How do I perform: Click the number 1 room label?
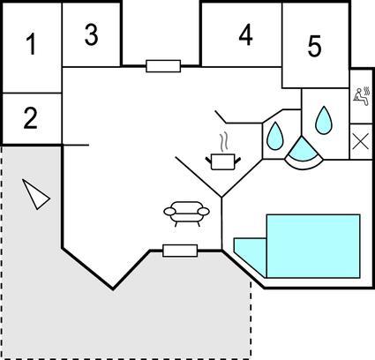[31, 44]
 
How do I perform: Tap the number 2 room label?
[31, 118]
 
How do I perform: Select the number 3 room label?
[92, 34]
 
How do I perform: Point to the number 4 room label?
[245, 34]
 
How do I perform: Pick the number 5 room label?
[314, 46]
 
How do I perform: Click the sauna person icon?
[362, 96]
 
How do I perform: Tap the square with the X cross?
[361, 142]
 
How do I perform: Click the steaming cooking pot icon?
[223, 161]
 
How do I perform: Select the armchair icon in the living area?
[186, 214]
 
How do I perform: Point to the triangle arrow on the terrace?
[35, 194]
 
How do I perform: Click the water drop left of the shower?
[275, 136]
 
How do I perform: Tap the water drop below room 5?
[324, 120]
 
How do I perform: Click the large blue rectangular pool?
[313, 246]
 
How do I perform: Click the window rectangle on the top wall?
[163, 66]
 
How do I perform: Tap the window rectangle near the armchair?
[180, 251]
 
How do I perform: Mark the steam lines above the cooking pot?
[224, 143]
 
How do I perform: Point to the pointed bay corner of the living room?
[113, 289]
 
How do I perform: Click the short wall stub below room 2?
[76, 145]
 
